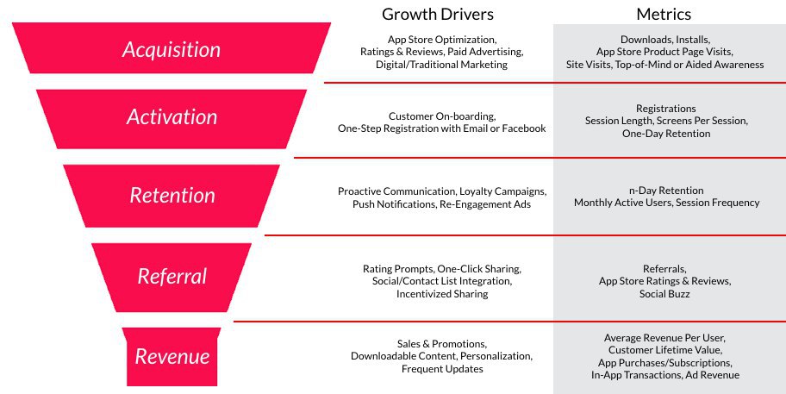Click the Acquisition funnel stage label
(172, 50)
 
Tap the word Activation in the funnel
(172, 116)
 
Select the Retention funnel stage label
(172, 195)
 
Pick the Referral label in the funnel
(172, 276)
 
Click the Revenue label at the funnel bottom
(172, 356)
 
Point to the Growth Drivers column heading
(438, 14)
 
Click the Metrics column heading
(664, 14)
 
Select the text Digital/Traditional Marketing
(441, 65)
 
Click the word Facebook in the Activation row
(524, 128)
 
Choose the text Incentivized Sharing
(442, 294)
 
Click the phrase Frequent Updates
(442, 369)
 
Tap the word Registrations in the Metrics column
(665, 109)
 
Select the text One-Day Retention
(666, 134)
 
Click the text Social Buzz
(664, 294)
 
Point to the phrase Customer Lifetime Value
(664, 350)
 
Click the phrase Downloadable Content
(403, 356)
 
